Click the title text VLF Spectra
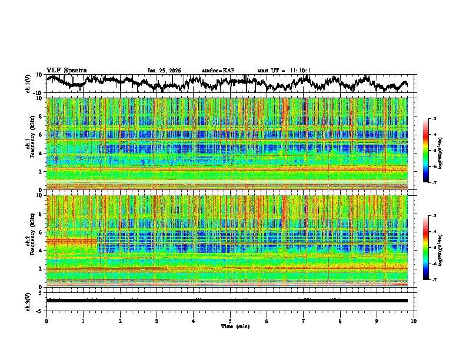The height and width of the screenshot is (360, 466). (67, 70)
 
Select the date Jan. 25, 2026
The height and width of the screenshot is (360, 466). (164, 71)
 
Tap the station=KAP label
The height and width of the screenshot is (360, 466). (218, 71)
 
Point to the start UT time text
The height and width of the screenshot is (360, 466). (284, 71)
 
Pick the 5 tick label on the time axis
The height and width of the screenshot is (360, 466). (230, 321)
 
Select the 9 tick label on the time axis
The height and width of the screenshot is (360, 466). (377, 321)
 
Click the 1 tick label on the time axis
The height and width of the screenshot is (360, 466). (83, 321)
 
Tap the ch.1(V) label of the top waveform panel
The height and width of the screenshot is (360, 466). (28, 84)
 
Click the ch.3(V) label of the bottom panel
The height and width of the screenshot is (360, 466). (28, 300)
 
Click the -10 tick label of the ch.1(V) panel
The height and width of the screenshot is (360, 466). (38, 93)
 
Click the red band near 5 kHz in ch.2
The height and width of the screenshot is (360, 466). (71, 241)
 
